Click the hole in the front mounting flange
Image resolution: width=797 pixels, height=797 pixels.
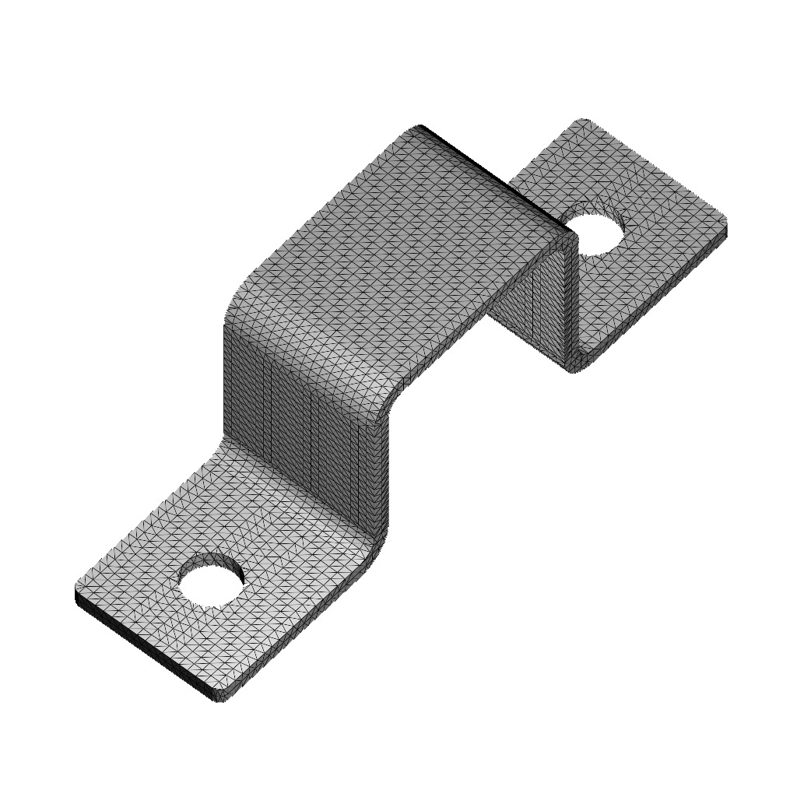(211, 579)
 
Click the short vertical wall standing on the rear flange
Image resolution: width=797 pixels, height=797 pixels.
(537, 311)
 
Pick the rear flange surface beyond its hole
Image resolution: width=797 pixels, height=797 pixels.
(662, 202)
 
